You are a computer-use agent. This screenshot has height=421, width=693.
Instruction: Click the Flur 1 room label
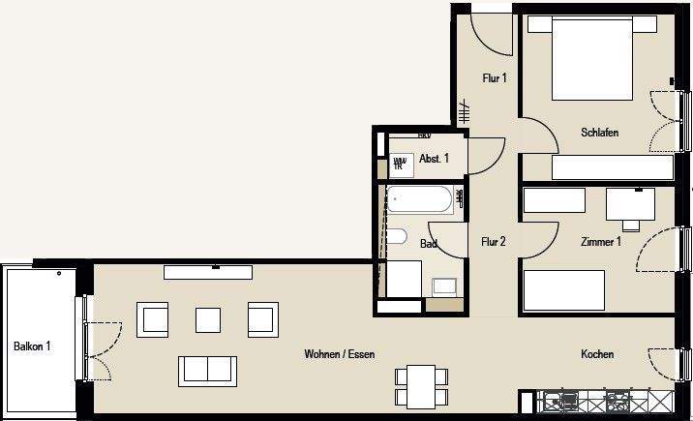point(494,78)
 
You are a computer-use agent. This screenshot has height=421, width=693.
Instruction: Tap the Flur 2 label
point(494,242)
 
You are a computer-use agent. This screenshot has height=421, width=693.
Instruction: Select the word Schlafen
point(599,133)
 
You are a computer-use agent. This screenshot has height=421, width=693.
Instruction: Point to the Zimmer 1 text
point(600,242)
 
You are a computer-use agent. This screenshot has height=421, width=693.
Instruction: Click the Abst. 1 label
point(433,159)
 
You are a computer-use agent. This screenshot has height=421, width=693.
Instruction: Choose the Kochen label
point(597,354)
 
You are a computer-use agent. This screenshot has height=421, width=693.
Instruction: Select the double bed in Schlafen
point(592,59)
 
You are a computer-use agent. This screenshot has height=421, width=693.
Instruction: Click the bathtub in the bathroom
point(419,201)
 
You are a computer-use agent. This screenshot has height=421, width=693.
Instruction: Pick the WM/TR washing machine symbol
point(400,164)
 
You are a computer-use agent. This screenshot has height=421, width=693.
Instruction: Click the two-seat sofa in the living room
point(206,370)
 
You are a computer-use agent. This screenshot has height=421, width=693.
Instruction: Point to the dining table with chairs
point(422,384)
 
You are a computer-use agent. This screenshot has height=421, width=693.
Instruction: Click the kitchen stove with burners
point(616,399)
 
